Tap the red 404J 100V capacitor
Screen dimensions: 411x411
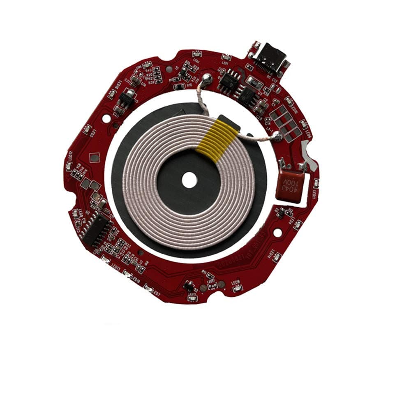[291, 184]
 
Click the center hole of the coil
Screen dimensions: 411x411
[189, 180]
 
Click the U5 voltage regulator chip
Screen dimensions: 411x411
[125, 99]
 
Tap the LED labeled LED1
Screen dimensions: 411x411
[196, 54]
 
